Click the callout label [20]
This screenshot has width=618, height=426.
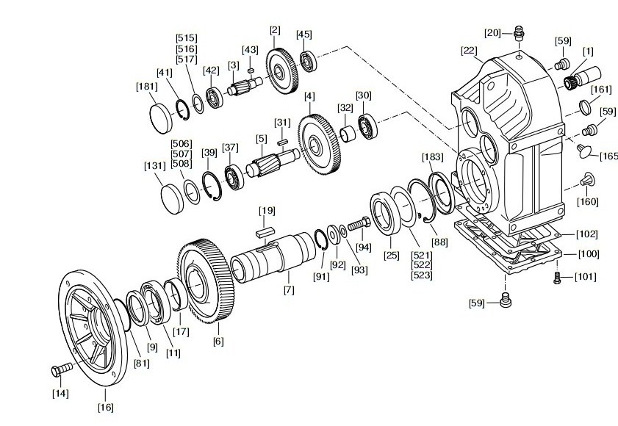click(x=492, y=33)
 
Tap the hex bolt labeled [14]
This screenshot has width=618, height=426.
click(x=62, y=369)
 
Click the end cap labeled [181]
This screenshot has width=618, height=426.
click(x=161, y=118)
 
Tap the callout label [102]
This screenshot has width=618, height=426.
click(x=587, y=234)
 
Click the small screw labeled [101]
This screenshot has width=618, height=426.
click(x=557, y=278)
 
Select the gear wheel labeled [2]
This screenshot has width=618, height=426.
click(x=282, y=71)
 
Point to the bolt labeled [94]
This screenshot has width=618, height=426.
click(x=359, y=225)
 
